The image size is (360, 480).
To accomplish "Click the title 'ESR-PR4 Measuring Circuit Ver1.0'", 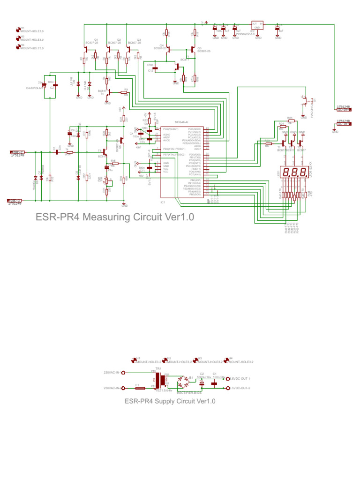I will (x=114, y=216).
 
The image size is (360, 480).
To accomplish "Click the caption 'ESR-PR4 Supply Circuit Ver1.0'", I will (x=170, y=401).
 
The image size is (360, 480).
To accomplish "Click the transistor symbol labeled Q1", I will (x=87, y=47).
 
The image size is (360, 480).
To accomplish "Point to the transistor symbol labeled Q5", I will (x=192, y=49).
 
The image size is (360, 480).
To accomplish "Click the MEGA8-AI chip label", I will (x=181, y=121).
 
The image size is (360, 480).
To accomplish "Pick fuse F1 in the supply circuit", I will (x=139, y=388).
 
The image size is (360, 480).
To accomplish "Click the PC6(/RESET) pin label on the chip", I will (x=172, y=128).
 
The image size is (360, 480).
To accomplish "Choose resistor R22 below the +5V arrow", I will (x=121, y=119).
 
